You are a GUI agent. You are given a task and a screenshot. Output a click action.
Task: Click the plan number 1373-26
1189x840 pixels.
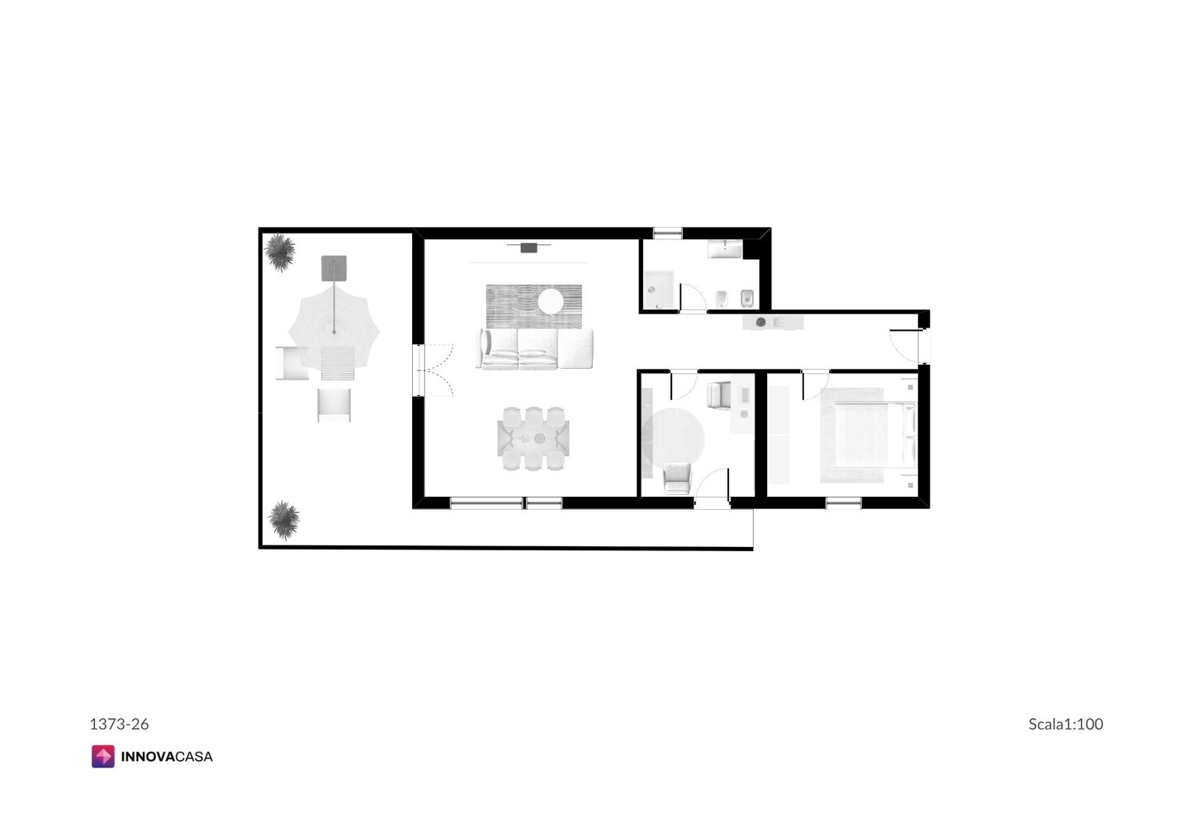click(x=119, y=724)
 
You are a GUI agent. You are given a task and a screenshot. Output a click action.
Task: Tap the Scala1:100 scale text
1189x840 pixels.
click(x=1065, y=724)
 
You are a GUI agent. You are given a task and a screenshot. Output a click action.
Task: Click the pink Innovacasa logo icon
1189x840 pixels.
click(x=103, y=756)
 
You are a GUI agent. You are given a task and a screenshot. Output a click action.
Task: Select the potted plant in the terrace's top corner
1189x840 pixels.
click(x=280, y=252)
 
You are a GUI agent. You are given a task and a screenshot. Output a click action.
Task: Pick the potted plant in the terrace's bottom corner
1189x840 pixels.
click(x=284, y=520)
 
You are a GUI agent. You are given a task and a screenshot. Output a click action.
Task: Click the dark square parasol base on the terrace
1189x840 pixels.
click(x=334, y=268)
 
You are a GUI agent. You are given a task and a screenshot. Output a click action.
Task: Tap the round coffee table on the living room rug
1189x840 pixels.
click(x=551, y=301)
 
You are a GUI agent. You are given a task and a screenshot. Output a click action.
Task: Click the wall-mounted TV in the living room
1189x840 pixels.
click(x=528, y=247)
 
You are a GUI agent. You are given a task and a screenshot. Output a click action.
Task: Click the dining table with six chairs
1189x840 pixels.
click(x=533, y=438)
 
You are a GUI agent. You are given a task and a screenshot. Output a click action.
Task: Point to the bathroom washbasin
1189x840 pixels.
click(x=725, y=248)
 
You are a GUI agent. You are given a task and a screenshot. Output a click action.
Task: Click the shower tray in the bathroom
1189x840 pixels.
click(x=659, y=290)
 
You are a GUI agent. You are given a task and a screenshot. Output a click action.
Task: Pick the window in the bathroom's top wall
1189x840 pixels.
click(x=668, y=233)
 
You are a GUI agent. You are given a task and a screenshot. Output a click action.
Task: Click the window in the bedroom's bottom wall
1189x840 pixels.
click(x=844, y=503)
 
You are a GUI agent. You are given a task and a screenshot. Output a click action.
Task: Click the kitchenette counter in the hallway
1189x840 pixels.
click(x=773, y=323)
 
